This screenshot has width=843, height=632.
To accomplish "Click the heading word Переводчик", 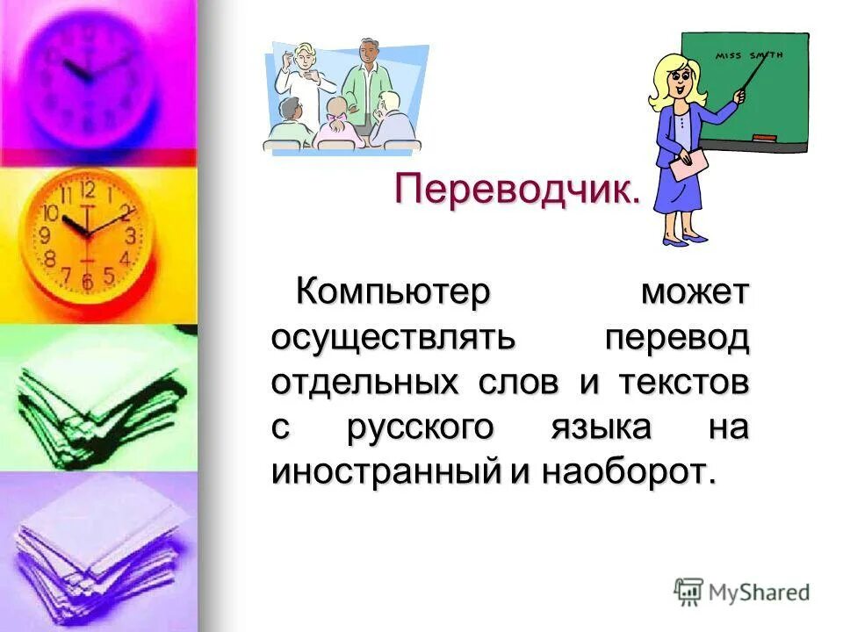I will (516, 189).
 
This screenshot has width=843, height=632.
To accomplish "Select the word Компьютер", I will (392, 291).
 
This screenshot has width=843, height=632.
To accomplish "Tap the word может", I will (695, 291).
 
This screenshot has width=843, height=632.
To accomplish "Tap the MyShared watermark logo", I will (742, 592).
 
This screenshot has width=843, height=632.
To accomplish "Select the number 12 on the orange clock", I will (87, 189).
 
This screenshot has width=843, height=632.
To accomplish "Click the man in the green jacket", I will (362, 83).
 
